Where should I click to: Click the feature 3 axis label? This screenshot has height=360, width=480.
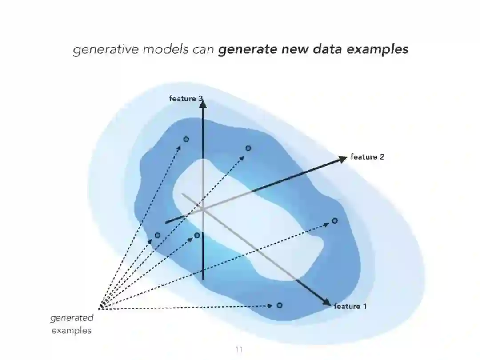pos(183,99)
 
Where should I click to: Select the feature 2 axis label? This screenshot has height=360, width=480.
pos(367,157)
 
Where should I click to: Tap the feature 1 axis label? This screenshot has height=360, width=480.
pos(350,306)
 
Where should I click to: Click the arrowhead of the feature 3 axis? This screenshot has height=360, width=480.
pos(203,104)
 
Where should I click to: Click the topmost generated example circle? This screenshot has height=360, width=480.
pos(186,139)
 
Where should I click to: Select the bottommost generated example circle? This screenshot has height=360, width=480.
pos(279,305)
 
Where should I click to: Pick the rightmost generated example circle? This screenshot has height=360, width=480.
pos(335,220)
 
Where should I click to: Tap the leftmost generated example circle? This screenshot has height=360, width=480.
pos(157,235)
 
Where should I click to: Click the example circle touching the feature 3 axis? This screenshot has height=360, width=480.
pos(197,235)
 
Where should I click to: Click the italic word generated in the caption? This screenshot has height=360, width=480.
pos(72,318)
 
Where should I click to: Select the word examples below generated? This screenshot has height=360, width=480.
pos(72,331)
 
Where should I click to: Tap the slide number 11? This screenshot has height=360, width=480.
pos(239,349)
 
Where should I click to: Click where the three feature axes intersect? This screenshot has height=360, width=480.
pos(203,209)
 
